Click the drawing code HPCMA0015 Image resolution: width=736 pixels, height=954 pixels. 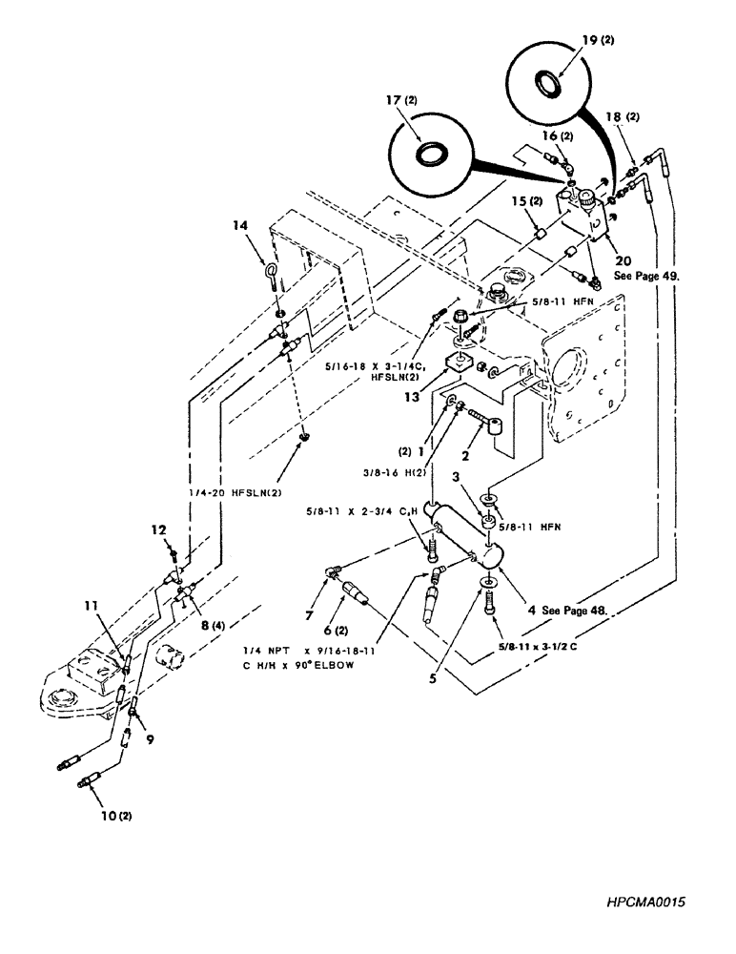pyautogui.click(x=645, y=902)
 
